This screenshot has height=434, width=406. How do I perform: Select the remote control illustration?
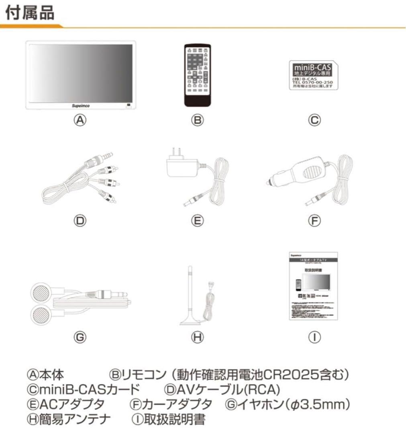click(x=196, y=75)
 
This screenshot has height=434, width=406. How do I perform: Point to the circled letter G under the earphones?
click(x=80, y=338)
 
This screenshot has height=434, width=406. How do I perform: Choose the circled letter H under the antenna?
click(x=197, y=338)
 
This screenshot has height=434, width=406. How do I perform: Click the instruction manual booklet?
click(x=314, y=287)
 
